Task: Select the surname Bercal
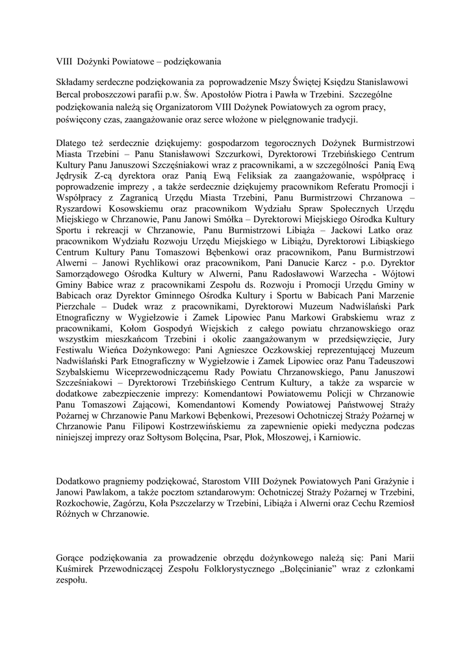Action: click(x=70, y=94)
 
